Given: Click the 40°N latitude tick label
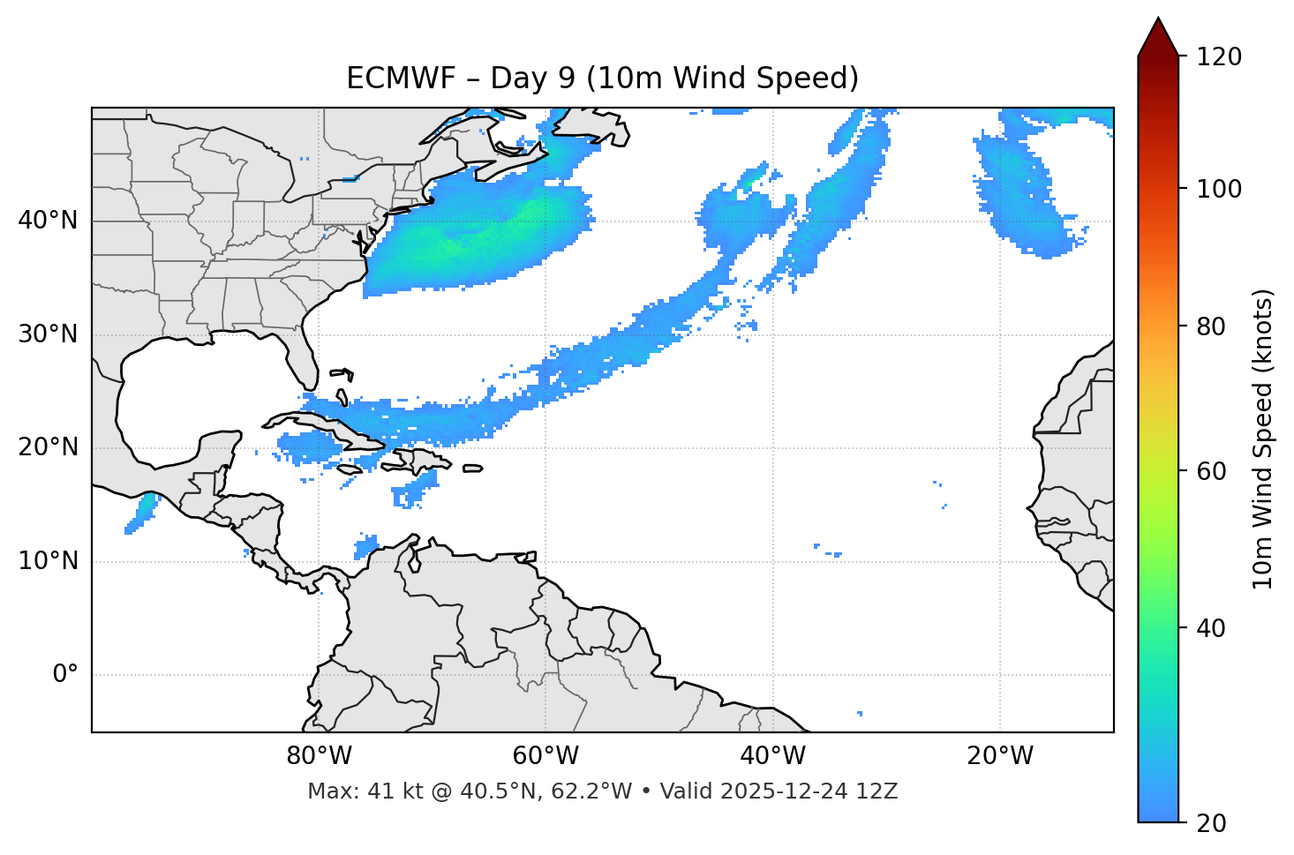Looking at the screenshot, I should click(48, 221).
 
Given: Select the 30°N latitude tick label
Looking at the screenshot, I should click(48, 334).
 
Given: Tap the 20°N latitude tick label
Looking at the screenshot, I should click(48, 447).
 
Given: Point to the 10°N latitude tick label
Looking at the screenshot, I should click(48, 561).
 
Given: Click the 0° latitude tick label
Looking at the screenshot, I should click(65, 675).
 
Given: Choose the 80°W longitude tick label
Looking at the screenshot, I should click(319, 756).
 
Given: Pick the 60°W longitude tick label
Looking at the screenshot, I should click(545, 756).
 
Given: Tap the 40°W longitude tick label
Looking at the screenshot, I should click(772, 756).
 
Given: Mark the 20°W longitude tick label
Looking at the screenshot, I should click(1000, 756).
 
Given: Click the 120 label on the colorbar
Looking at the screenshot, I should click(1219, 57).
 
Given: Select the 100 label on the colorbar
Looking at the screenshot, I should click(1219, 189).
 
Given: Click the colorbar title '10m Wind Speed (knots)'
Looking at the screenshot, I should click(1263, 439).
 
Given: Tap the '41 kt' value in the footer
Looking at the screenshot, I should click(384, 791).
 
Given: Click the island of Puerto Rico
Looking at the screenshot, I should click(472, 469).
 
